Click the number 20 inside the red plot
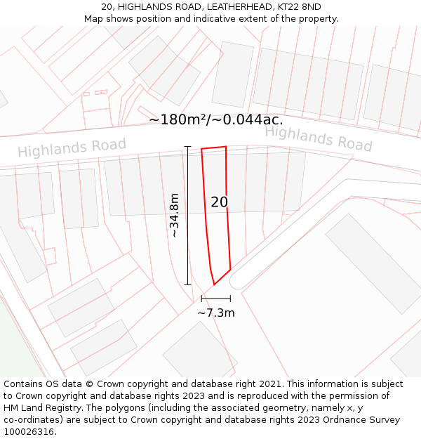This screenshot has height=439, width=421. [x=219, y=202]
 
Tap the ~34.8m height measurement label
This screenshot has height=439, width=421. [x=175, y=216]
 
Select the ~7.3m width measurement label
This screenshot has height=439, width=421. [x=216, y=313]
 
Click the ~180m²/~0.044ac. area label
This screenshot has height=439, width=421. [x=216, y=119]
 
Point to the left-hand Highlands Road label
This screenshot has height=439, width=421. [x=72, y=148]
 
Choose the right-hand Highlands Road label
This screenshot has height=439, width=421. [x=318, y=138]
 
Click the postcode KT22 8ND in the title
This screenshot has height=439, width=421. [x=298, y=7]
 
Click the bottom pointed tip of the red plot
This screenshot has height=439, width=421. [x=214, y=284]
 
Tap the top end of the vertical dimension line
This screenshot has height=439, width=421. [x=187, y=146]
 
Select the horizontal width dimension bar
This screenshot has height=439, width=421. [x=215, y=299]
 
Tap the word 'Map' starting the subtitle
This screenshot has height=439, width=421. [x=93, y=19]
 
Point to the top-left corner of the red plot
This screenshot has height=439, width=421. [x=201, y=149]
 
